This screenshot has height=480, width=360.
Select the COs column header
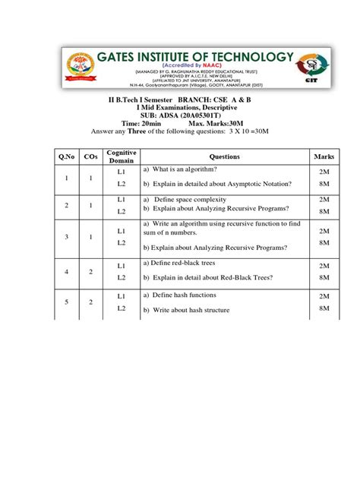(x=91, y=156)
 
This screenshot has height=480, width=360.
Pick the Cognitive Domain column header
(x=122, y=156)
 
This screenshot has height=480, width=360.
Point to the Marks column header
(x=324, y=156)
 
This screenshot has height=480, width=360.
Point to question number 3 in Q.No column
(x=68, y=237)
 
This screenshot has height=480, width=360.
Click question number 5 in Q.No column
(x=68, y=302)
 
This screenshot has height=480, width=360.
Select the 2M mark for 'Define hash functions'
(x=324, y=295)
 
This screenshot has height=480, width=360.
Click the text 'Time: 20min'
(x=139, y=122)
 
